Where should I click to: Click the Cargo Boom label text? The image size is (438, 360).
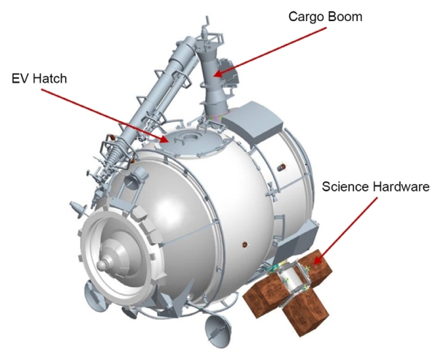pyautogui.click(x=325, y=18)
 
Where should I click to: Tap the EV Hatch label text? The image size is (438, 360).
pyautogui.click(x=39, y=79)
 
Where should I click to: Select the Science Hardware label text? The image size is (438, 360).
pyautogui.click(x=376, y=187)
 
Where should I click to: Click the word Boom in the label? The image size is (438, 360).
pyautogui.click(x=345, y=17)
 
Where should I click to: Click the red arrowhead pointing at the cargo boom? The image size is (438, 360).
pyautogui.click(x=219, y=74)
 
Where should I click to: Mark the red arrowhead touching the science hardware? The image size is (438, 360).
pyautogui.click(x=317, y=259)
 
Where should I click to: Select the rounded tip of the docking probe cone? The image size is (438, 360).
pyautogui.click(x=101, y=264)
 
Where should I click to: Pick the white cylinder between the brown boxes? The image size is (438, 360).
pyautogui.click(x=291, y=280)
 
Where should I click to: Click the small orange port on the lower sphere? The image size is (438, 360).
pyautogui.click(x=245, y=245)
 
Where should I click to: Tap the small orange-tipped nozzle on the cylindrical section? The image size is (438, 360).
pyautogui.click(x=281, y=167)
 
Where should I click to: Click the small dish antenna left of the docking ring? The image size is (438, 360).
pyautogui.click(x=77, y=207)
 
